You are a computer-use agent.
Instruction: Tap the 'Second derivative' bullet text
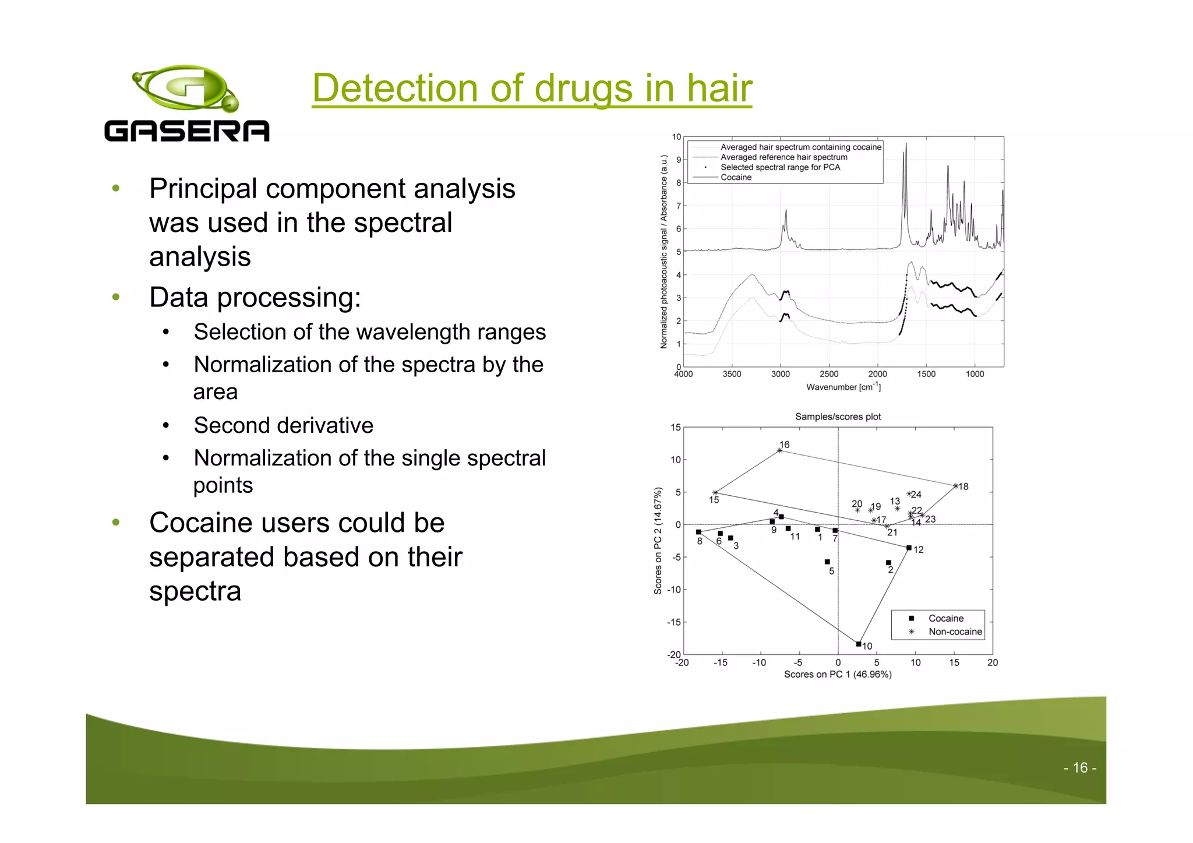[283, 425]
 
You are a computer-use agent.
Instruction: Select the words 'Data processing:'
[255, 297]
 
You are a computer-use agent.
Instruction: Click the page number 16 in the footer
[1079, 768]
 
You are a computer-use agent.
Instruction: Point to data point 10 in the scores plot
[859, 644]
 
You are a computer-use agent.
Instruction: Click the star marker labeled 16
[779, 450]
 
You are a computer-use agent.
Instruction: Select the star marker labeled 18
[956, 485]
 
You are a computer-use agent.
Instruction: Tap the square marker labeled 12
[909, 548]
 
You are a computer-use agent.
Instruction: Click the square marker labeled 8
[698, 532]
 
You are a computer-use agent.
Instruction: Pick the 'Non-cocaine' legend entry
[954, 632]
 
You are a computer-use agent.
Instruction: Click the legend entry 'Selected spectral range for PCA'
[780, 167]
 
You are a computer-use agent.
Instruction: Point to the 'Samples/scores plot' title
[838, 417]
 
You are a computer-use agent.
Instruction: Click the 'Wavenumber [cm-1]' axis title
[843, 387]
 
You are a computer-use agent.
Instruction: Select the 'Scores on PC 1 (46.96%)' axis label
[837, 674]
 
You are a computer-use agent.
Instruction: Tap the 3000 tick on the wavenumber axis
[781, 374]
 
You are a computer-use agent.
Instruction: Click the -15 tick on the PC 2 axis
[673, 622]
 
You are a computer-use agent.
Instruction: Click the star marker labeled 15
[715, 492]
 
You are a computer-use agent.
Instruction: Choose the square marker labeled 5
[827, 562]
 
